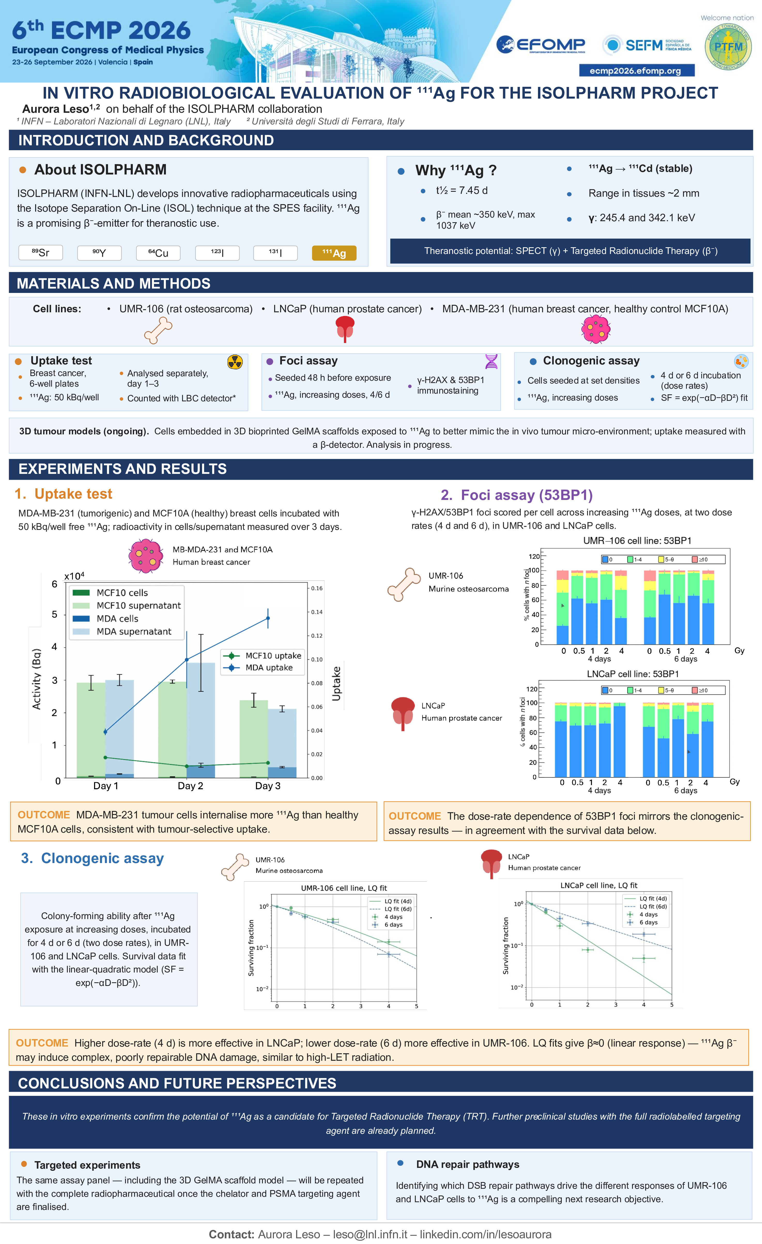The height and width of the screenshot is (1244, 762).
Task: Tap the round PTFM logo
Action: (x=728, y=46)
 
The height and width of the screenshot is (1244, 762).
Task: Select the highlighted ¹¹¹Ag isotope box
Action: (x=334, y=253)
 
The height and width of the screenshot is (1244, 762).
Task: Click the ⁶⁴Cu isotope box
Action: (x=158, y=253)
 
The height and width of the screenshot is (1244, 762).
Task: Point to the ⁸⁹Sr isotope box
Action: (x=40, y=252)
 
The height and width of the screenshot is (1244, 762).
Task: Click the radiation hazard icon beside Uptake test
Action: (x=235, y=362)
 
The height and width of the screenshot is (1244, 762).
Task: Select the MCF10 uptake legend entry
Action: (x=263, y=655)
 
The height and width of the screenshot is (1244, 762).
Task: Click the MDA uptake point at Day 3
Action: (x=268, y=618)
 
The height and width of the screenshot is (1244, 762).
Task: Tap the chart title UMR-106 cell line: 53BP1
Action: (x=637, y=541)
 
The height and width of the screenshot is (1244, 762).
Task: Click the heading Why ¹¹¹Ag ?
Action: (x=456, y=170)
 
